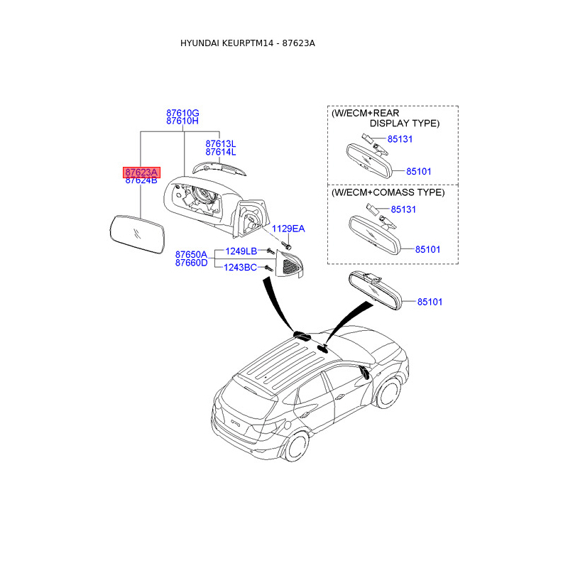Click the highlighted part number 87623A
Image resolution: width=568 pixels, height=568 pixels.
[x=141, y=172]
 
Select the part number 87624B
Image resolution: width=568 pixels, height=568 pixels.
[x=141, y=180]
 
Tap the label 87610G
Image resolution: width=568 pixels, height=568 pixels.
[x=182, y=113]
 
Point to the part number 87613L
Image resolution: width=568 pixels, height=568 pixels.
[x=221, y=143]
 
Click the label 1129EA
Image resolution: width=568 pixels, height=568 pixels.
[x=289, y=229]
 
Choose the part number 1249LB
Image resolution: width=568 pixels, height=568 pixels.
[x=241, y=251]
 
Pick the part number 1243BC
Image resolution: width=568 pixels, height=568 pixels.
[x=241, y=267]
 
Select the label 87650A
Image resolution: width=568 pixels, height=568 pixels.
[x=192, y=254]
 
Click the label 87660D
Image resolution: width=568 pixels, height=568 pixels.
[x=192, y=263]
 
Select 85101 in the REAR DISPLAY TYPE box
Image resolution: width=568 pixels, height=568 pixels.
[x=419, y=172]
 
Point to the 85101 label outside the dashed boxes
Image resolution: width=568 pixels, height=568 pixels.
[x=430, y=302]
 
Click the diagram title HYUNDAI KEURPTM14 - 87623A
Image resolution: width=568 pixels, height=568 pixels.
[x=248, y=43]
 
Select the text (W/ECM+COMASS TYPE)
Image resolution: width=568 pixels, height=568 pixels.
[x=388, y=192]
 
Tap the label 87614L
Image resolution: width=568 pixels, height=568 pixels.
[x=221, y=152]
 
